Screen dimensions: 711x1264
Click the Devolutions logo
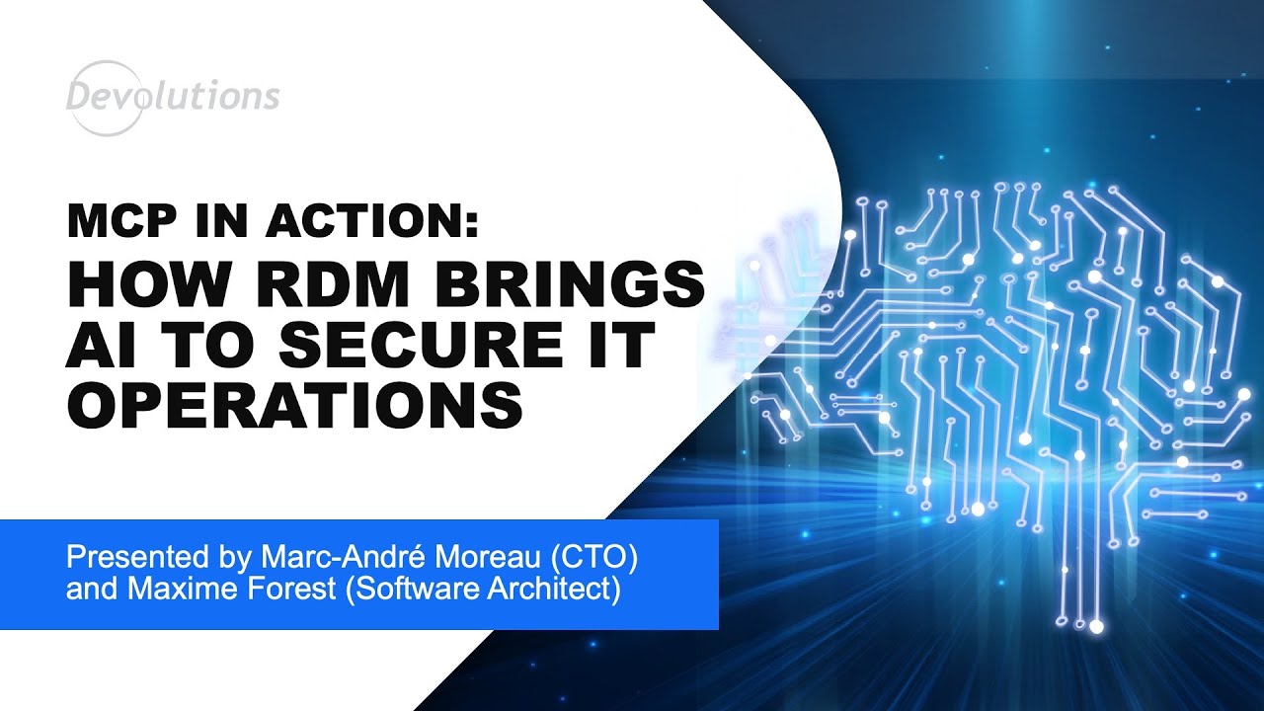(173, 96)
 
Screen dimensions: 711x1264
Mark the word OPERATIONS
(294, 405)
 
